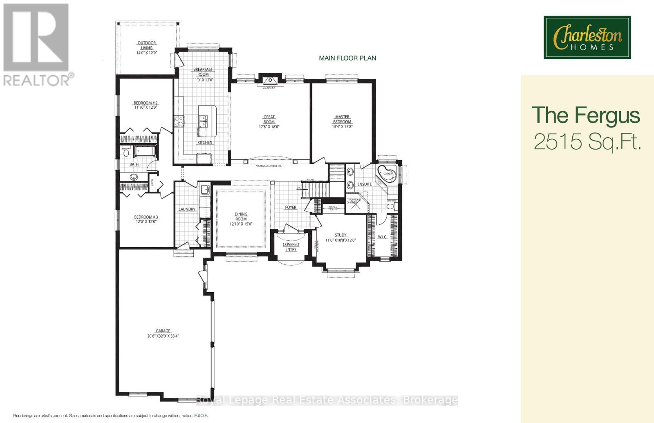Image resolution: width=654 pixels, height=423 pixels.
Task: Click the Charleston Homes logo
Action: coord(587,38)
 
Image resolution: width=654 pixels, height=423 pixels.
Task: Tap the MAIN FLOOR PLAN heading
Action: coord(347,58)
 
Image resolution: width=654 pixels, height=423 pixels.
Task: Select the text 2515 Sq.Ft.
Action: coord(587,142)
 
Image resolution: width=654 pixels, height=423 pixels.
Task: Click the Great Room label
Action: coord(269,122)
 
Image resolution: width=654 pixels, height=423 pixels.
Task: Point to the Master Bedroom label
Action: coord(342,122)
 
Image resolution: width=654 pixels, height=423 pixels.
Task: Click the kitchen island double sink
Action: coord(203,121)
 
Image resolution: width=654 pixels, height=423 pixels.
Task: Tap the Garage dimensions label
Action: coord(163,333)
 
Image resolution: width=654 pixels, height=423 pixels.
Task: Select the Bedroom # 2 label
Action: coord(146,105)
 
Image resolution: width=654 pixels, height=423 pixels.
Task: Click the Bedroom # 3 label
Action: coord(146,219)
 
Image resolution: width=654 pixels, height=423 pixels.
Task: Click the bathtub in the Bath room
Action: coord(146,152)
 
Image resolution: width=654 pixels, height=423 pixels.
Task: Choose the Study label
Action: coord(340,237)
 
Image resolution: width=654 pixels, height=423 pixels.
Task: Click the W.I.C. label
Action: coord(382,237)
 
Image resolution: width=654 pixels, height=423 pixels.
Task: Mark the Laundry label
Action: coord(187,209)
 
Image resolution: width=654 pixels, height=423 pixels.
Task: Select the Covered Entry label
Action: coord(291,247)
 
